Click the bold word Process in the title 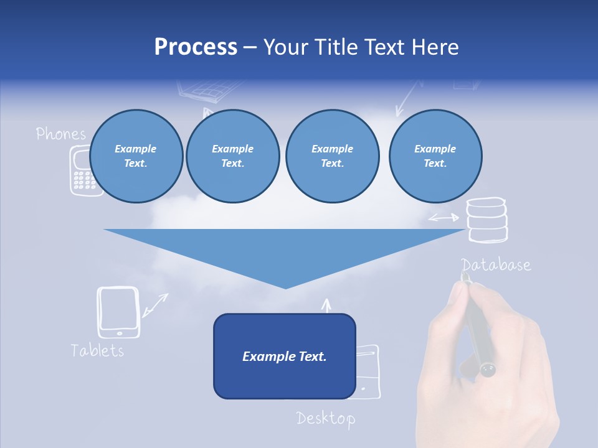point(196,47)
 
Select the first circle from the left point(136,156)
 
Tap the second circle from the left point(232,156)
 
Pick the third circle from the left point(332,156)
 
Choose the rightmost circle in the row point(435,156)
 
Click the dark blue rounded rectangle point(284,356)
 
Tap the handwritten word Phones point(60,133)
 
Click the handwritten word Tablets point(97,350)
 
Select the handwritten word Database point(496,265)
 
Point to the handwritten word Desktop point(325,418)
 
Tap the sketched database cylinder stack point(487,220)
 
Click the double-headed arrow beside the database point(444,218)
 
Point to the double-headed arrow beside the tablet point(155,304)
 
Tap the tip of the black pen point(464,276)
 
